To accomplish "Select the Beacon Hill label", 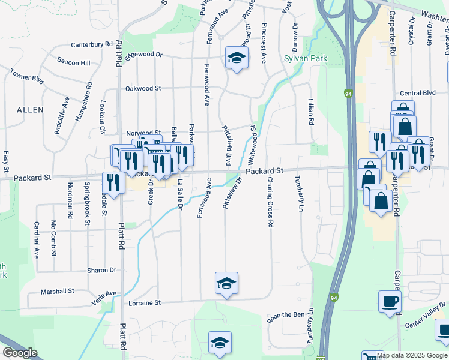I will [73, 62].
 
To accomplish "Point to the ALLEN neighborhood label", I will [30, 110].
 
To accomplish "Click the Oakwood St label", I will [143, 88].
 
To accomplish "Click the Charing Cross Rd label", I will [271, 202].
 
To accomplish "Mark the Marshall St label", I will [57, 291].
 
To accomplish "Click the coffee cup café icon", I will [390, 301].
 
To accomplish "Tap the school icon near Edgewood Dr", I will [237, 58].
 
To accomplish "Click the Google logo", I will [20, 353].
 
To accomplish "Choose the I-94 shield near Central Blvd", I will [348, 94].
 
